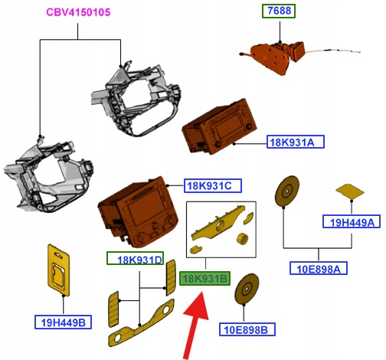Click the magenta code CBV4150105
(x=78, y=12)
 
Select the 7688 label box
(x=279, y=11)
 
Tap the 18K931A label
(x=296, y=142)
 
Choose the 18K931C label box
(x=213, y=185)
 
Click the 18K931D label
(x=135, y=258)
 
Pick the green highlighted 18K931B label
(x=205, y=278)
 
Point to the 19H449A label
(x=352, y=221)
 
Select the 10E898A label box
(x=319, y=268)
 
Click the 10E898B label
(x=247, y=329)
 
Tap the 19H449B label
(x=63, y=322)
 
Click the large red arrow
(x=195, y=326)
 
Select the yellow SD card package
(x=59, y=270)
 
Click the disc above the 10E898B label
(x=247, y=289)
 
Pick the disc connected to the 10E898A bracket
(x=286, y=191)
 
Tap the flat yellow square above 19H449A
(x=350, y=191)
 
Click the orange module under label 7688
(x=274, y=57)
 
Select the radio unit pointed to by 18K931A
(x=219, y=127)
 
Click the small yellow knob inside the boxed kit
(x=242, y=239)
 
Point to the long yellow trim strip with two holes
(x=142, y=322)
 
